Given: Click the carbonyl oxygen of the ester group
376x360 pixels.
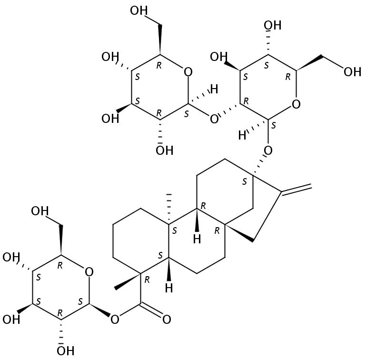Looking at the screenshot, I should [166, 319].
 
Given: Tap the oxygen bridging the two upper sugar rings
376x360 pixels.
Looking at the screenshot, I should [214, 118].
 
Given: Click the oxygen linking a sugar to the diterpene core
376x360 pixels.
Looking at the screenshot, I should [268, 151].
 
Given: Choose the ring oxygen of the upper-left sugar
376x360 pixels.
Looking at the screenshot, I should [188, 72].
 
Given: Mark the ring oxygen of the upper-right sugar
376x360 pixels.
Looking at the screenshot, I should [296, 103].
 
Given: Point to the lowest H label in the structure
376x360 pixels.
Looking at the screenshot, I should [168, 288].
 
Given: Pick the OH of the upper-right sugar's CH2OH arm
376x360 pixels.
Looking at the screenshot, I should [353, 72].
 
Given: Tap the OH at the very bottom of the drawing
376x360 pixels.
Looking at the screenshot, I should [65, 351].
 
